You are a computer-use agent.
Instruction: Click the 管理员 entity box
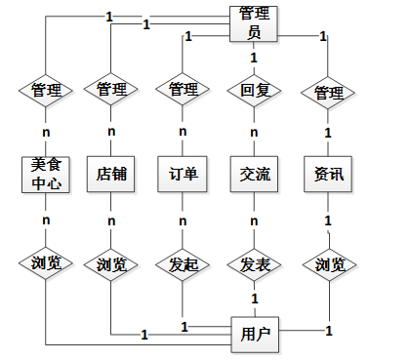(254, 23)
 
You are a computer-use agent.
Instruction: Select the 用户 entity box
(255, 335)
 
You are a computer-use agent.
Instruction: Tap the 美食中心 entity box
(46, 175)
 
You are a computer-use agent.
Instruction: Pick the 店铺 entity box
(111, 174)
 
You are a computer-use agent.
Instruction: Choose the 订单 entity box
(183, 174)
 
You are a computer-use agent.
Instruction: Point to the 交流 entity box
(254, 174)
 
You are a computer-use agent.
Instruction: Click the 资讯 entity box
(328, 174)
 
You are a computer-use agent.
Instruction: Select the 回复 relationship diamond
(254, 90)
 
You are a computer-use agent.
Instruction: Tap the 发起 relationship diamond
(183, 264)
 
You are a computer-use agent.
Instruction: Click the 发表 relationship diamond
(254, 264)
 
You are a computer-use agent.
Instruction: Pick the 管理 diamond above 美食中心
(46, 90)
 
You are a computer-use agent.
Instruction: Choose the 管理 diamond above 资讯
(328, 93)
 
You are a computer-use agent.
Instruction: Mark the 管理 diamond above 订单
(183, 90)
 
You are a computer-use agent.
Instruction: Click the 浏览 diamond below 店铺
(111, 264)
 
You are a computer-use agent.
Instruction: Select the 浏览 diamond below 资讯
(329, 264)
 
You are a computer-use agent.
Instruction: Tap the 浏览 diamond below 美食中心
(46, 263)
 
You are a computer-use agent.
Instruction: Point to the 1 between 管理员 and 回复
(254, 58)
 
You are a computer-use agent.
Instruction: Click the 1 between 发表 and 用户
(255, 299)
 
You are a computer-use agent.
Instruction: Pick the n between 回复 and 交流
(254, 133)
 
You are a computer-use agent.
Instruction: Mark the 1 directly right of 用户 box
(329, 331)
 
